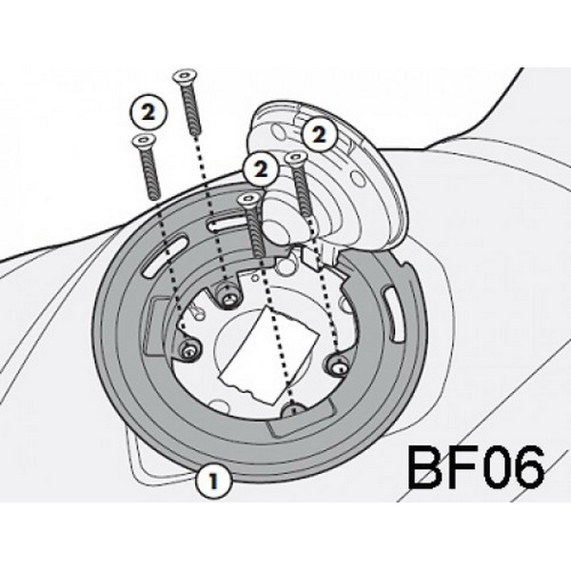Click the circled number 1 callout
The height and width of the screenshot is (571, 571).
tap(214, 481)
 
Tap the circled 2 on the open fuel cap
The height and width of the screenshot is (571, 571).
tap(319, 135)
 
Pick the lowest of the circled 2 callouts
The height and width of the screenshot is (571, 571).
tap(261, 169)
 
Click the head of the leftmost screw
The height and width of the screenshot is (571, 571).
tap(144, 140)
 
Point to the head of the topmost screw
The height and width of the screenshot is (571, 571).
tap(186, 76)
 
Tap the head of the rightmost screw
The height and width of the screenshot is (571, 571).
tap(295, 159)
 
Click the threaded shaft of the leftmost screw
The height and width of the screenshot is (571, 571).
tap(150, 173)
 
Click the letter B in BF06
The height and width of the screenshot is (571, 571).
tap(425, 467)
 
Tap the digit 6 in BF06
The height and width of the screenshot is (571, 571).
tap(527, 467)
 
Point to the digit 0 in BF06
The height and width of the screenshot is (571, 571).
tap(494, 467)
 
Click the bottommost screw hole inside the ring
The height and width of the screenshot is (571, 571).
tap(294, 410)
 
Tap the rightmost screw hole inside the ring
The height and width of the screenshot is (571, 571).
tap(338, 364)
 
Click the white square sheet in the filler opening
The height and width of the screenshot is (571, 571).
tap(269, 355)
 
